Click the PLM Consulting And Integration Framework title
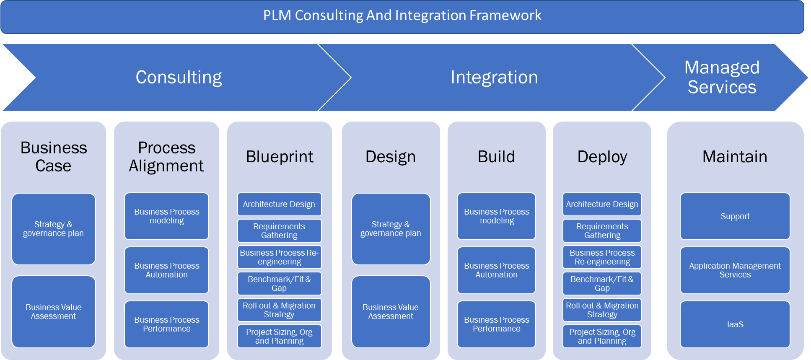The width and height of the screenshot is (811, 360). pos(402,16)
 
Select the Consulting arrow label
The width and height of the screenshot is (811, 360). pos(179,78)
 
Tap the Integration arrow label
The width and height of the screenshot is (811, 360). pos(494,78)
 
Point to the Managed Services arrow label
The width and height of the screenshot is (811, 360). pos(722,78)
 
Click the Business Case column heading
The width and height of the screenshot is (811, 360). pos(54,157)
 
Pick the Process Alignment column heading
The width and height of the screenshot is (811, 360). pos(166,157)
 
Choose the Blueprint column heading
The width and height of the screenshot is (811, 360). pos(280,157)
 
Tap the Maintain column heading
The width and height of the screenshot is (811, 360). pos(735,157)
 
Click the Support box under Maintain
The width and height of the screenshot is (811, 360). pos(735,216)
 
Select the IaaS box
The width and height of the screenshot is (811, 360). pos(735,324)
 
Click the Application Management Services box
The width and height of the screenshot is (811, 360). pos(735,270)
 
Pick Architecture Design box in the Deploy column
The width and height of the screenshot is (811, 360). pos(602,205)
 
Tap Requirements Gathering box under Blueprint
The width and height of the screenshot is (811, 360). pos(279,231)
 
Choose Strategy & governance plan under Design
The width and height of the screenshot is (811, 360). pos(391,229)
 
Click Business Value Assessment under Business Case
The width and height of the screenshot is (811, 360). pos(54,312)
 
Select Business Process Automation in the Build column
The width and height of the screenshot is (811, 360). pos(496,270)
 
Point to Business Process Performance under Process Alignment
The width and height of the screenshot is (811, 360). pos(166,324)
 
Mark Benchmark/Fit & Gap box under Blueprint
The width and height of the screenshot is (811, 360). pos(279,284)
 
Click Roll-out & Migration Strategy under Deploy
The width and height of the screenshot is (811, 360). pos(602,310)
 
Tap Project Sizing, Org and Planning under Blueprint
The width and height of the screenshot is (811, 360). pos(279,337)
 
